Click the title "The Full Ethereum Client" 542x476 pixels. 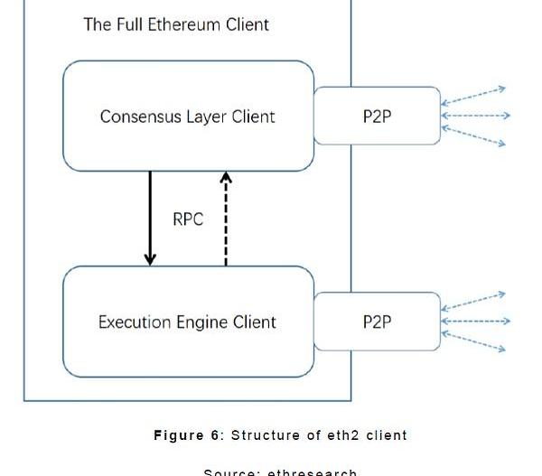pyautogui.click(x=176, y=24)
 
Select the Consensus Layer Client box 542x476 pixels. pyautogui.click(x=188, y=116)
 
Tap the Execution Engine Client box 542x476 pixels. pyautogui.click(x=188, y=322)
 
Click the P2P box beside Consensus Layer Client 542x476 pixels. pyautogui.click(x=377, y=116)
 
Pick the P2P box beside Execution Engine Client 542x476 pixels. pyautogui.click(x=377, y=322)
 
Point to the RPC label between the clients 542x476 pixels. pyautogui.click(x=187, y=219)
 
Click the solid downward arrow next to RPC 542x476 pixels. pyautogui.click(x=150, y=218)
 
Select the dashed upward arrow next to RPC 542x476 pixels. pyautogui.click(x=226, y=218)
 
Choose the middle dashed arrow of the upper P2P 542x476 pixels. pyautogui.click(x=476, y=116)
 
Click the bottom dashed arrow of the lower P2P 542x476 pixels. pyautogui.click(x=474, y=342)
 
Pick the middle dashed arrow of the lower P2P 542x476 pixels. pyautogui.click(x=476, y=321)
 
